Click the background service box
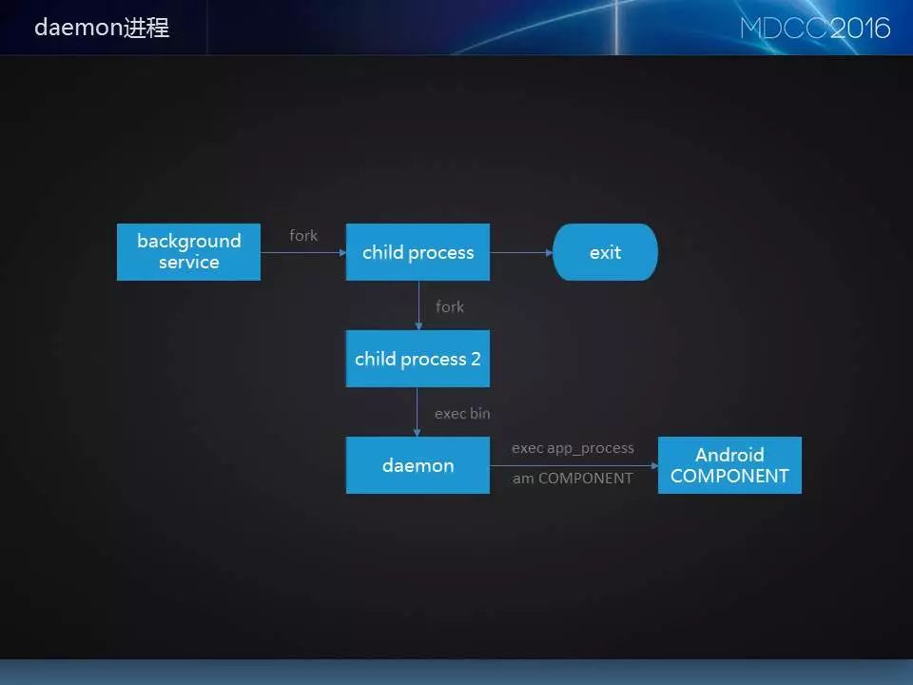click(188, 252)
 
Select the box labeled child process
click(418, 252)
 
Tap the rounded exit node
click(605, 252)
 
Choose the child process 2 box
click(418, 359)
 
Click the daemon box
click(418, 465)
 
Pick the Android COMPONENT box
click(729, 465)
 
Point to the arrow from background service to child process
click(302, 252)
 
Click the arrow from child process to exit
click(521, 252)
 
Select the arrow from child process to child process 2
click(418, 305)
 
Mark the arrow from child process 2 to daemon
click(418, 412)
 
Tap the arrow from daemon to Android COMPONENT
click(573, 465)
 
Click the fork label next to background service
click(303, 235)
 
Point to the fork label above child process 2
click(450, 306)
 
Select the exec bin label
click(462, 414)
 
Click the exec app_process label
click(573, 448)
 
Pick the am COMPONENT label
click(573, 479)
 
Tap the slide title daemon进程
click(102, 28)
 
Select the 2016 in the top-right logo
click(861, 28)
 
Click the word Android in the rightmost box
click(729, 455)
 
